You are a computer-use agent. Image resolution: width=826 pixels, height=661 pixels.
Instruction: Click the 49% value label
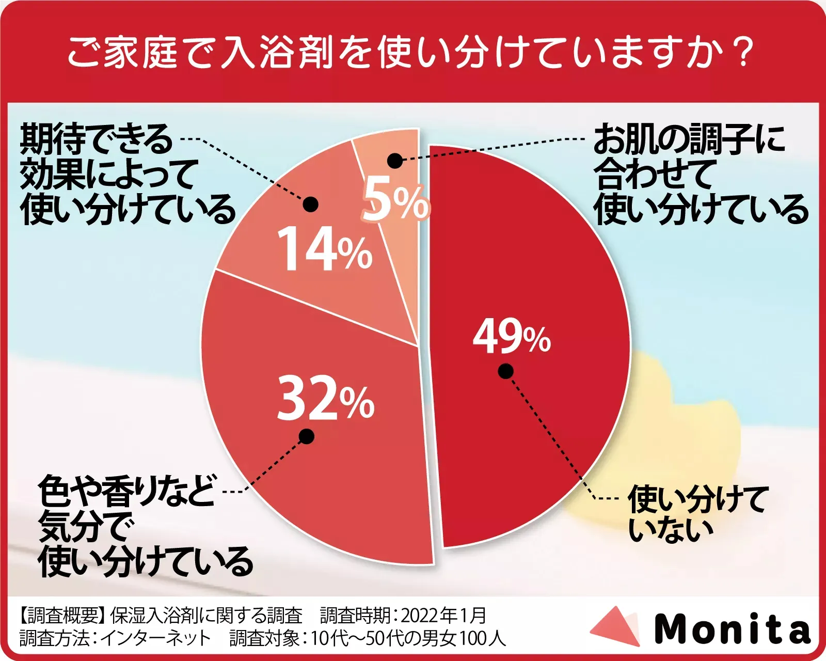click(511, 337)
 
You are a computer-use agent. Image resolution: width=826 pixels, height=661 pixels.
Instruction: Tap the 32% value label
click(325, 399)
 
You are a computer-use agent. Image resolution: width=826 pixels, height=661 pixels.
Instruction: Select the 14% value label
click(324, 250)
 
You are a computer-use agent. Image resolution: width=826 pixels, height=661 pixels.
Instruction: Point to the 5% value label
click(395, 200)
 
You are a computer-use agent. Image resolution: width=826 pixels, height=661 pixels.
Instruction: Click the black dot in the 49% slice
click(505, 371)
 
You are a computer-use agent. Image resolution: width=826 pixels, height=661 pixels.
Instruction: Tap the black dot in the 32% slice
click(306, 436)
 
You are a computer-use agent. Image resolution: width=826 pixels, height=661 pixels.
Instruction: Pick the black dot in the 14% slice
click(310, 204)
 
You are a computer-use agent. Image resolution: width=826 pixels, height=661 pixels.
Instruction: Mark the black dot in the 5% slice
click(395, 161)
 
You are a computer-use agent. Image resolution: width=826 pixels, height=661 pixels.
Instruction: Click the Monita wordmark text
click(732, 628)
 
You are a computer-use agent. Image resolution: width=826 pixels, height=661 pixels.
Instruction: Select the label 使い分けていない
click(697, 514)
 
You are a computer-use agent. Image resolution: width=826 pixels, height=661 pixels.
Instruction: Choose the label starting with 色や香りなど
click(145, 527)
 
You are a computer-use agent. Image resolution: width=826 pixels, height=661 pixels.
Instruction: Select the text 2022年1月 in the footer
click(443, 615)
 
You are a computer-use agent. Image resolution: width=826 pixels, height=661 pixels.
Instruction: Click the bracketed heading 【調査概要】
click(62, 615)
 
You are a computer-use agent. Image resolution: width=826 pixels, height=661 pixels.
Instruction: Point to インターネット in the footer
click(155, 639)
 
